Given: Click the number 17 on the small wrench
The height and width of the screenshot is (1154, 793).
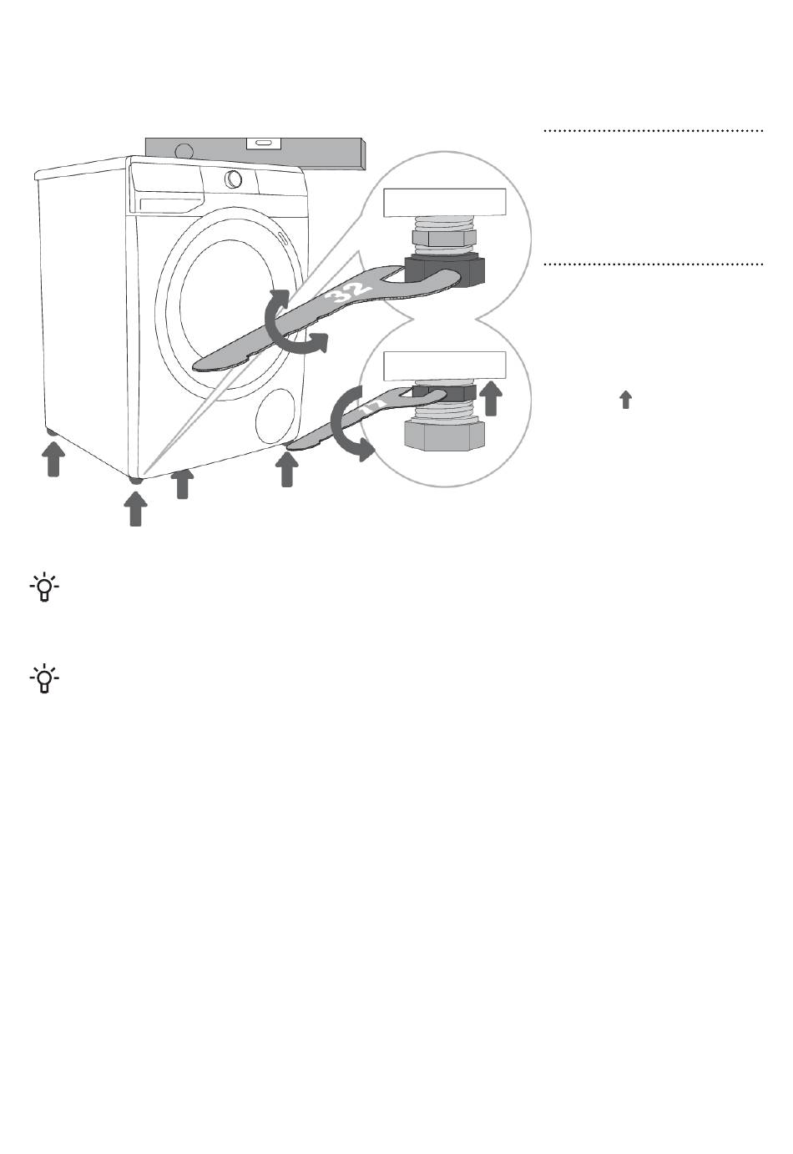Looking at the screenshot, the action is (373, 407).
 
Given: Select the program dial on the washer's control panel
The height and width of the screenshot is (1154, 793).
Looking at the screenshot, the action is (233, 179).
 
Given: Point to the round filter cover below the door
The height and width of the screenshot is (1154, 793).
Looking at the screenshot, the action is (275, 416).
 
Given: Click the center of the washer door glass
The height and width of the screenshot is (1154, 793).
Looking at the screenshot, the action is (227, 304).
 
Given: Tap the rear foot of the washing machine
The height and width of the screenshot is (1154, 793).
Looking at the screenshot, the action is (52, 433).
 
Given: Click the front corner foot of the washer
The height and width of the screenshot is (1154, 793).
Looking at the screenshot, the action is (135, 480).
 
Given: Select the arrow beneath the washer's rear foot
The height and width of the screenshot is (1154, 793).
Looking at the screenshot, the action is (53, 459).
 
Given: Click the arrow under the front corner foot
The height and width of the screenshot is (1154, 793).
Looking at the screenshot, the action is (135, 509).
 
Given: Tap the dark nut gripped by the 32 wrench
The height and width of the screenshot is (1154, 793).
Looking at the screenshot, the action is (445, 271).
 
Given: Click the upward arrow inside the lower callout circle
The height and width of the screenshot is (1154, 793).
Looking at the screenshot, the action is (491, 398).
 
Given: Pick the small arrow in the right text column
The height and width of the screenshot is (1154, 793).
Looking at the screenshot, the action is (625, 399).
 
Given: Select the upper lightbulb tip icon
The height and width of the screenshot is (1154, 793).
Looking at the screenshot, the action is (44, 587).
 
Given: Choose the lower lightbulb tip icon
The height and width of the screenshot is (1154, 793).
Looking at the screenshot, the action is (44, 678).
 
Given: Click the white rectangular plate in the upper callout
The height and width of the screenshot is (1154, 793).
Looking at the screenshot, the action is (445, 203).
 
